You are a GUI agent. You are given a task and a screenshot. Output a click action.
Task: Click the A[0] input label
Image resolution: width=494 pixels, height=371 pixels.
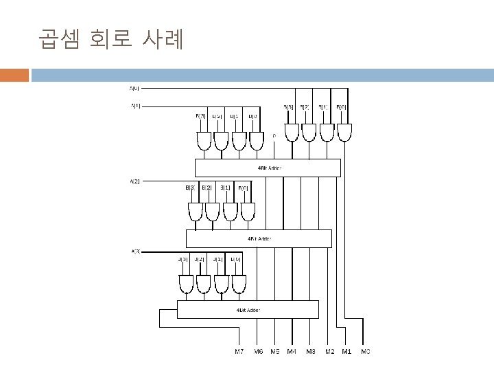(134, 88)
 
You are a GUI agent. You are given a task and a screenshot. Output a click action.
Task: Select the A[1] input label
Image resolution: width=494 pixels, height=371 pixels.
(135, 106)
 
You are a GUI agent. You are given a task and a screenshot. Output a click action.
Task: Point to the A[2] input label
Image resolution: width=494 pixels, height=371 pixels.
(134, 181)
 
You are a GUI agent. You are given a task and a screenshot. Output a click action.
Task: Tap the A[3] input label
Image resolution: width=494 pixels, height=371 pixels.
(135, 251)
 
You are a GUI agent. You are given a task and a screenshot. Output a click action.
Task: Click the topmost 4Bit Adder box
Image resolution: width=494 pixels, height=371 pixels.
(268, 168)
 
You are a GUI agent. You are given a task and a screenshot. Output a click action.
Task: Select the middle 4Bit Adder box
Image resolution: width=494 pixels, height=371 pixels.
(259, 238)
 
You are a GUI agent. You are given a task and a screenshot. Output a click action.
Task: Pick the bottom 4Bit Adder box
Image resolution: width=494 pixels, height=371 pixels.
(248, 309)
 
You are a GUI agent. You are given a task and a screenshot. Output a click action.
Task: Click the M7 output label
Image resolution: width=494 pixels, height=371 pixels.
(239, 352)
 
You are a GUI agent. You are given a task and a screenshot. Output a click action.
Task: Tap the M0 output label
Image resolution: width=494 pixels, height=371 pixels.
(365, 352)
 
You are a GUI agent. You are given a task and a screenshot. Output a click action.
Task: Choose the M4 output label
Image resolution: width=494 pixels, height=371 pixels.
(292, 352)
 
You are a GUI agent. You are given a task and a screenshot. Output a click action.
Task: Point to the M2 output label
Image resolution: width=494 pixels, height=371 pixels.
(329, 352)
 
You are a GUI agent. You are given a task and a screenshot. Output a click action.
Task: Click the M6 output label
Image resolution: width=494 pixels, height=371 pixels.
(257, 352)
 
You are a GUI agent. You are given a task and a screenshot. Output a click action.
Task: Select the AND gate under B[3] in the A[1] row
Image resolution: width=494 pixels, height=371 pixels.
(204, 141)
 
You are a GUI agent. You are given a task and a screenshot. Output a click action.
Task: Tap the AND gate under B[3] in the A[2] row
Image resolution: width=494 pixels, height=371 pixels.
(196, 212)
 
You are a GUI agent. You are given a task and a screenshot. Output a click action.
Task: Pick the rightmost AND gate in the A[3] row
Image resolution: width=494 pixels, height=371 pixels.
(239, 283)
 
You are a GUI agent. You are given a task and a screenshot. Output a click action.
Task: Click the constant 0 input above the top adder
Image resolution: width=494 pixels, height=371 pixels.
(274, 135)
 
